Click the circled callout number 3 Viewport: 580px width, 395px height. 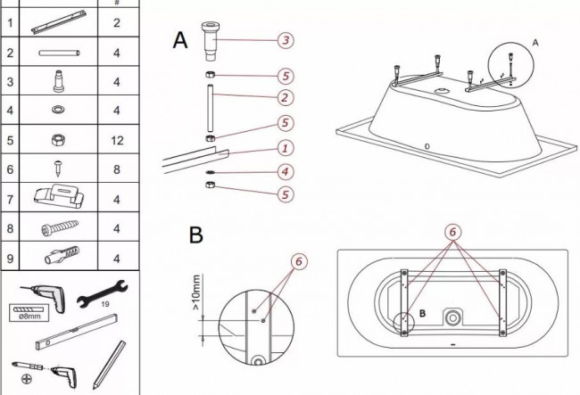click(285, 40)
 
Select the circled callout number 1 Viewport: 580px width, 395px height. click(285, 148)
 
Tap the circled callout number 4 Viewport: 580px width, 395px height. click(285, 170)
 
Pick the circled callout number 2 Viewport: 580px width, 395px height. click(285, 97)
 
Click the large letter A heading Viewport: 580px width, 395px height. click(180, 40)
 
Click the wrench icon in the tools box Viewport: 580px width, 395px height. click(104, 297)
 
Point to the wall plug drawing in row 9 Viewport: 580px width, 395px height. click(60, 258)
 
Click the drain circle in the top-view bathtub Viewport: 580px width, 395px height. click(454, 317)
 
